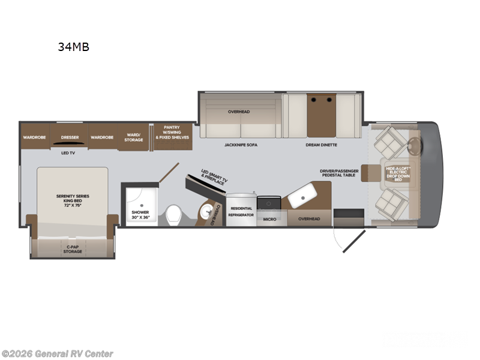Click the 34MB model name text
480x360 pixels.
[74, 47]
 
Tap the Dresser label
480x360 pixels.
[70, 137]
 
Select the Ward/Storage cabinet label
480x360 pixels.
[134, 137]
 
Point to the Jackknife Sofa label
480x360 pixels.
[241, 145]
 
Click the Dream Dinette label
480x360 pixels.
[321, 145]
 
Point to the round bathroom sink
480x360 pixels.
[206, 209]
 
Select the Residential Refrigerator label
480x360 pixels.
[241, 211]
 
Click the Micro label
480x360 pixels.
[270, 219]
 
